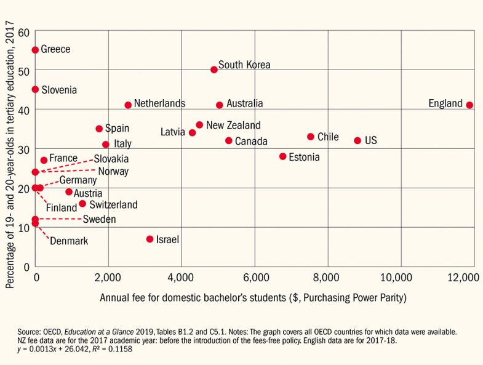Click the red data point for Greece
35,50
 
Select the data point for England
469,105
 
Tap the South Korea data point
214,70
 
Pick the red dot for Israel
150,239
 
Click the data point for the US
357,140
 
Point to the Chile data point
311,137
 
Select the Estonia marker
283,156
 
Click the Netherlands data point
128,105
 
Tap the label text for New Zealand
233,125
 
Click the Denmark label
68,241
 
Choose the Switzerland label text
113,204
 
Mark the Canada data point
229,141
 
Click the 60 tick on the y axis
23,31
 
